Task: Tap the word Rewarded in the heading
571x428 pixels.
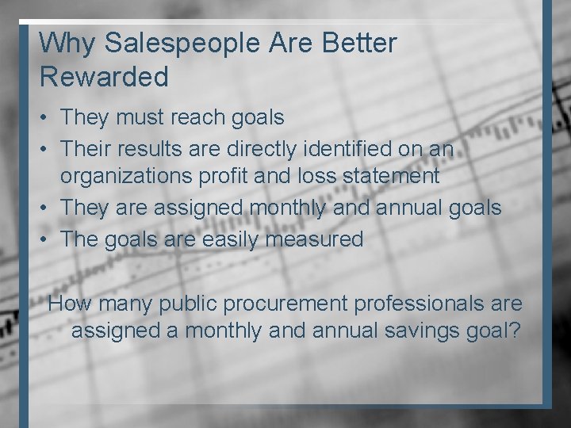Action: click(104, 78)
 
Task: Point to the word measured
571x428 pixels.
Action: click(316, 239)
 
